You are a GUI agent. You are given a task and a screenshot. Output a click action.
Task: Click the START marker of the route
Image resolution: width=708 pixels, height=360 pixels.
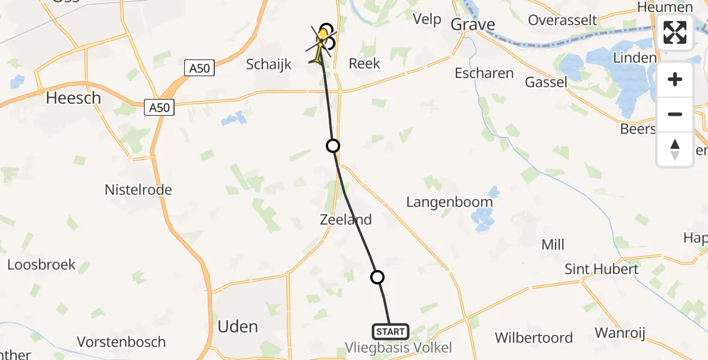click(391, 331)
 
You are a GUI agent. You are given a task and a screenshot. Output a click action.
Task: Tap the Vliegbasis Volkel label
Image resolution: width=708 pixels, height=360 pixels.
click(398, 347)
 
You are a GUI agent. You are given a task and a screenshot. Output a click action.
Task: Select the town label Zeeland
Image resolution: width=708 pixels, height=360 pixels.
click(345, 220)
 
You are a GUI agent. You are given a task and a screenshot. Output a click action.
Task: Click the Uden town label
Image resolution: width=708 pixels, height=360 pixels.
click(238, 327)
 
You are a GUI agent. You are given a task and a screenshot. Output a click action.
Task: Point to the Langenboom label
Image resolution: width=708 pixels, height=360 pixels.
click(449, 202)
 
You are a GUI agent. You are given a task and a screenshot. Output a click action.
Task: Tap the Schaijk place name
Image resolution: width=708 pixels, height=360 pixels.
click(269, 64)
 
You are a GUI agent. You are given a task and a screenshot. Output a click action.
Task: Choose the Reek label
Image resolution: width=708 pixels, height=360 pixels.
click(364, 63)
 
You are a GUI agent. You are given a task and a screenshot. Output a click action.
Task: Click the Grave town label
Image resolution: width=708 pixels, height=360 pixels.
click(473, 25)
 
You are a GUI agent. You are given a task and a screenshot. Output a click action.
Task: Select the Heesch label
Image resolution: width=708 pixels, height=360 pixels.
click(74, 98)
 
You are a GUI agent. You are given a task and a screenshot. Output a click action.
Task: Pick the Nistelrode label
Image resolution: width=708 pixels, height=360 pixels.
click(138, 190)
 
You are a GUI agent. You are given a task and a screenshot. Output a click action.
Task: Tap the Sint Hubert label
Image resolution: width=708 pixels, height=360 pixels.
click(601, 269)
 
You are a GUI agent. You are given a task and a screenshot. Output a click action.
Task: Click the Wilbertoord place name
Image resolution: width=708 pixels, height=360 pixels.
click(533, 338)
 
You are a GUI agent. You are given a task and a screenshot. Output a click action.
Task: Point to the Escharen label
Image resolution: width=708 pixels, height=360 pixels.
click(484, 73)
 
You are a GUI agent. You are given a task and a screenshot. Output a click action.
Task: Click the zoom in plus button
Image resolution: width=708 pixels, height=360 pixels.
click(675, 79)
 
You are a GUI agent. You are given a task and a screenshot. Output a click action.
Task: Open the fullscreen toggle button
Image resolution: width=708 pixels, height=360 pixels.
click(675, 32)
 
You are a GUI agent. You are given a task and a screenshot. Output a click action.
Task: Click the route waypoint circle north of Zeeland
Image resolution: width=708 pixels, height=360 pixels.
click(332, 145)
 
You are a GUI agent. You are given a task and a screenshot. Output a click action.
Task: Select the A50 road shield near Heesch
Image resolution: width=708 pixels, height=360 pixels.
click(160, 108)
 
